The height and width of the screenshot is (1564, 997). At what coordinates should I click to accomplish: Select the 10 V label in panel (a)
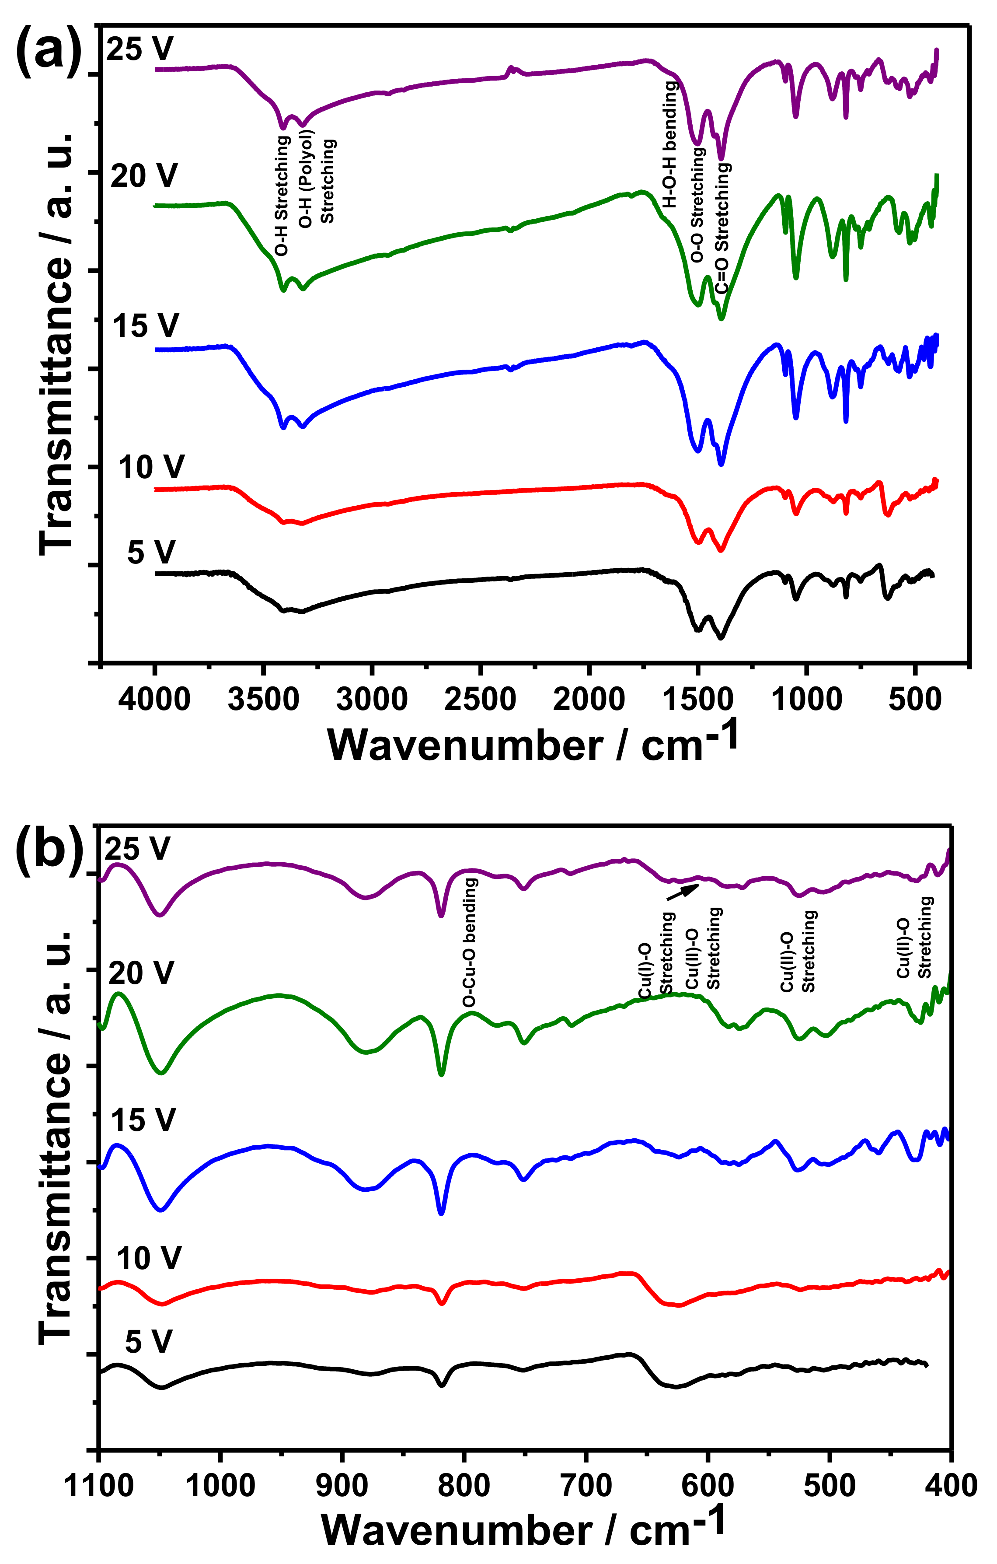[151, 467]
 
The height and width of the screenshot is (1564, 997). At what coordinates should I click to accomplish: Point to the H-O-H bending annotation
[670, 144]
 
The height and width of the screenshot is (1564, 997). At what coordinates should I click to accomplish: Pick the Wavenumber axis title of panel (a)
[532, 744]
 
